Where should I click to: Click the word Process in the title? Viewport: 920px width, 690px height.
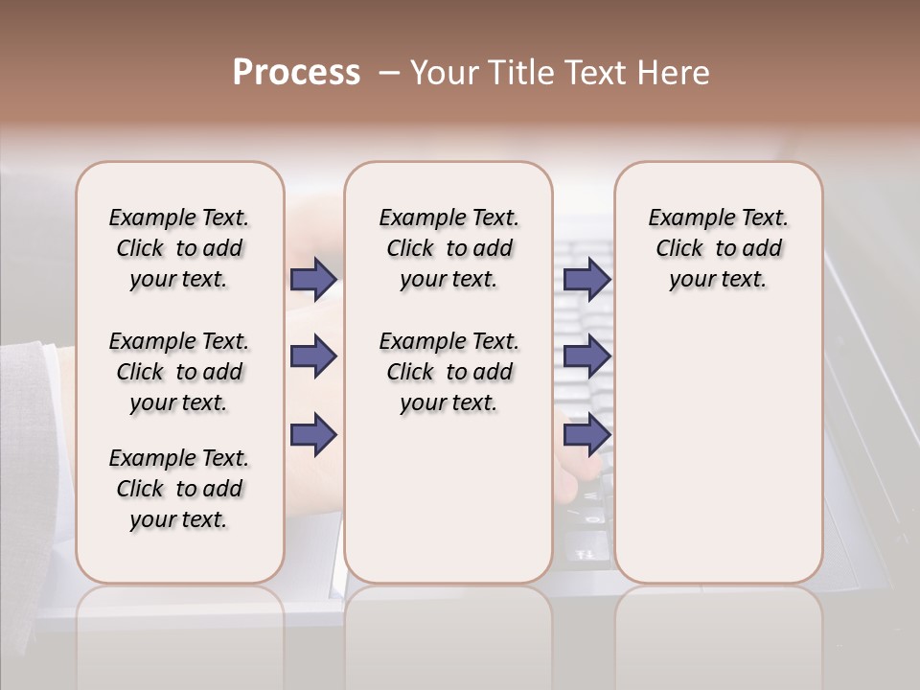tap(296, 73)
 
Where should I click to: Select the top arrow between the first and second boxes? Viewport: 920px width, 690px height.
tap(313, 279)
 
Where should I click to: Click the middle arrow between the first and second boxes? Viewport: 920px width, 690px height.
tap(313, 356)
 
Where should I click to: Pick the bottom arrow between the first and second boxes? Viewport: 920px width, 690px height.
tap(313, 435)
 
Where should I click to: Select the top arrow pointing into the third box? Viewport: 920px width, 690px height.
tap(586, 279)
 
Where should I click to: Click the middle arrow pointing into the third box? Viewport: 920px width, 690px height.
tap(586, 356)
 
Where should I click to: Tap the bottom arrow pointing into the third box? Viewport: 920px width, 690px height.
tap(586, 435)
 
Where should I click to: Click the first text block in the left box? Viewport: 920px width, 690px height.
tap(179, 248)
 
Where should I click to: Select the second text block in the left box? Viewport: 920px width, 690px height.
tap(179, 372)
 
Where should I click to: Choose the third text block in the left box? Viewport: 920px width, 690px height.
tap(179, 489)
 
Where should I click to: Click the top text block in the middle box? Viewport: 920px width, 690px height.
tap(448, 248)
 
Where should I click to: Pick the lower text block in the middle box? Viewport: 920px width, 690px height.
tap(448, 372)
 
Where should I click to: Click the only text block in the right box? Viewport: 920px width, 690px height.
tap(718, 248)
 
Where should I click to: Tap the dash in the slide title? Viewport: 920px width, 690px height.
tap(388, 73)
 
